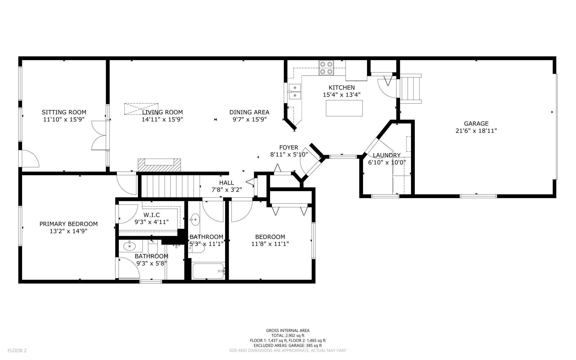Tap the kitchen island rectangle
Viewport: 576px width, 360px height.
pyautogui.click(x=344, y=108)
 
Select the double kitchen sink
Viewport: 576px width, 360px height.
pyautogui.click(x=295, y=91)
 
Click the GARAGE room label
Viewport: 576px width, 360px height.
pyautogui.click(x=476, y=124)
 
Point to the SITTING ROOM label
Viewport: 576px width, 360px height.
pyautogui.click(x=64, y=112)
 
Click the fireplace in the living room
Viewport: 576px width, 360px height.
pyautogui.click(x=159, y=165)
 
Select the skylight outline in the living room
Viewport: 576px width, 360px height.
pyautogui.click(x=141, y=109)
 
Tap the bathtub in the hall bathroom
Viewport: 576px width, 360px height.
pyautogui.click(x=208, y=271)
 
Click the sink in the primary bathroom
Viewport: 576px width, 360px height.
pyautogui.click(x=129, y=246)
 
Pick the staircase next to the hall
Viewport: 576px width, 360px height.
pyautogui.click(x=171, y=186)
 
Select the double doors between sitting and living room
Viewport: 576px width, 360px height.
pyautogui.click(x=99, y=135)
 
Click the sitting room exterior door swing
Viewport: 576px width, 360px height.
pyautogui.click(x=30, y=159)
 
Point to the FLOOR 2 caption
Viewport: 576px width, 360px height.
pyautogui.click(x=17, y=351)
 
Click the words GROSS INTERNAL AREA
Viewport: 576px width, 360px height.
pyautogui.click(x=288, y=330)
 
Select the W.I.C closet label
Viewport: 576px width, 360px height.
pyautogui.click(x=151, y=215)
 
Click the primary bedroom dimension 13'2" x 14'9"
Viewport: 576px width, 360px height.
pyautogui.click(x=68, y=231)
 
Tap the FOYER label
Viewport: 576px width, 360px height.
pyautogui.click(x=289, y=148)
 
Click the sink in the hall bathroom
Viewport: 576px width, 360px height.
pyautogui.click(x=196, y=219)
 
